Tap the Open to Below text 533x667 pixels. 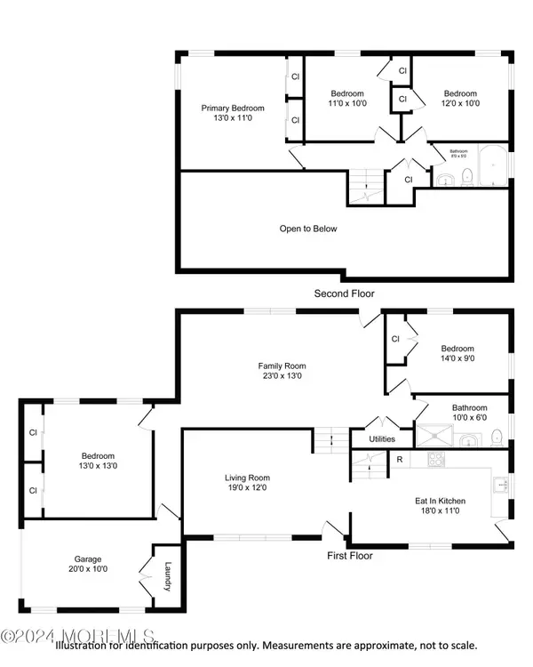point(308,229)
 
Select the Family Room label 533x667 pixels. point(282,366)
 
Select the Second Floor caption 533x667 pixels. point(344,293)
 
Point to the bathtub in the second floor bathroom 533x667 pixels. point(491,166)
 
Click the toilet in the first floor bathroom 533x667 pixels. point(498,436)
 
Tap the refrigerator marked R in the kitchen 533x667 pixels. point(400,460)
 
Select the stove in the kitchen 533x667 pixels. point(435,460)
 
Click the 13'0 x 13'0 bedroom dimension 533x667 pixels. point(95,465)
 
